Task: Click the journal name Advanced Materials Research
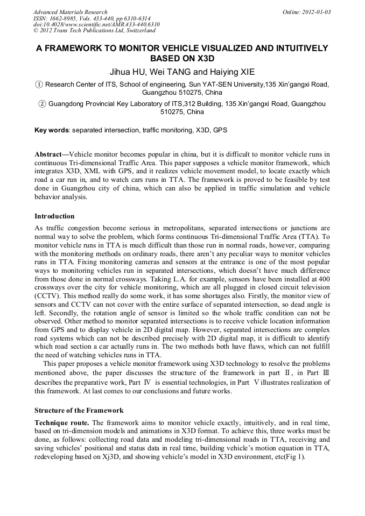70,12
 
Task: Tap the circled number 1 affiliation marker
38,84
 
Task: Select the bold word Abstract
48,154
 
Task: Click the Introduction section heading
54,216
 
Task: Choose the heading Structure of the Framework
79,410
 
